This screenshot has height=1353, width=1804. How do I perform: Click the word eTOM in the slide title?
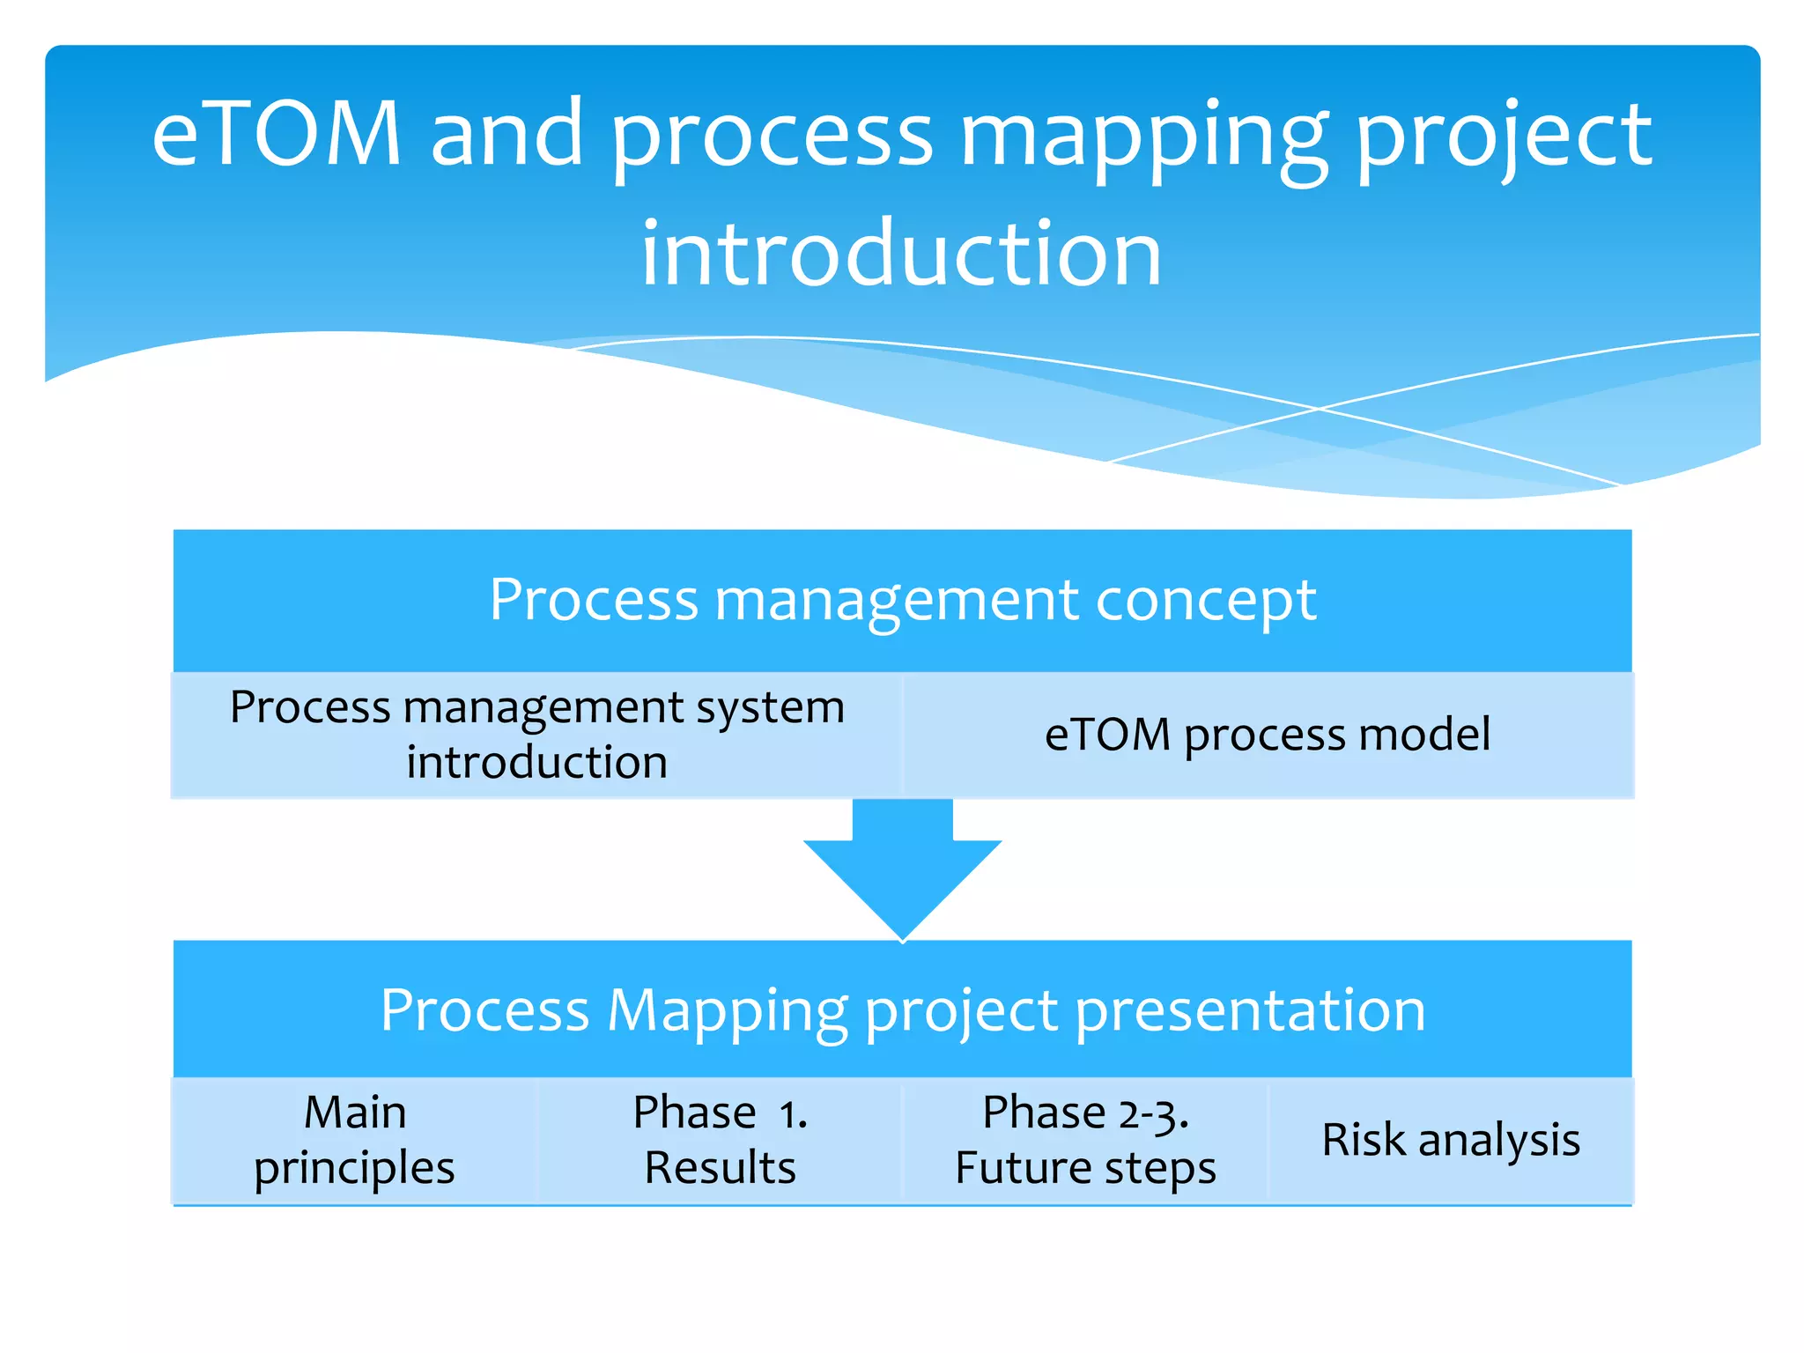(x=277, y=134)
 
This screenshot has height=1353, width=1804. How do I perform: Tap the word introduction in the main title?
(x=901, y=255)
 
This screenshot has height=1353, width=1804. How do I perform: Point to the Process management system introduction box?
(x=536, y=735)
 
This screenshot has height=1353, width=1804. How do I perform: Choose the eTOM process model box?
(x=1268, y=735)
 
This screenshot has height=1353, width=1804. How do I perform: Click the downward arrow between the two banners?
(x=902, y=872)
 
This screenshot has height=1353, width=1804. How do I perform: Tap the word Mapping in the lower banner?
(x=728, y=1010)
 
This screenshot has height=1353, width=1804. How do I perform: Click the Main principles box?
(x=354, y=1140)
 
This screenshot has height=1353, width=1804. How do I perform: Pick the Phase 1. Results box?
(x=720, y=1140)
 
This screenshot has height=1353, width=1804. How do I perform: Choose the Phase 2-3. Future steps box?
(x=1085, y=1140)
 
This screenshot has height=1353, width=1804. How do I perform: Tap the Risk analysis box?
(x=1451, y=1140)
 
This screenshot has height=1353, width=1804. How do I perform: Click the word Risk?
(x=1364, y=1140)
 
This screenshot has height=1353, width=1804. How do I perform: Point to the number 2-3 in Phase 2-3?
(x=1154, y=1115)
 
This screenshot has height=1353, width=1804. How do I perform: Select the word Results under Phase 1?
(x=720, y=1168)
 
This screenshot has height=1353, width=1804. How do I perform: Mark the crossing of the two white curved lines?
(x=1319, y=408)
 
